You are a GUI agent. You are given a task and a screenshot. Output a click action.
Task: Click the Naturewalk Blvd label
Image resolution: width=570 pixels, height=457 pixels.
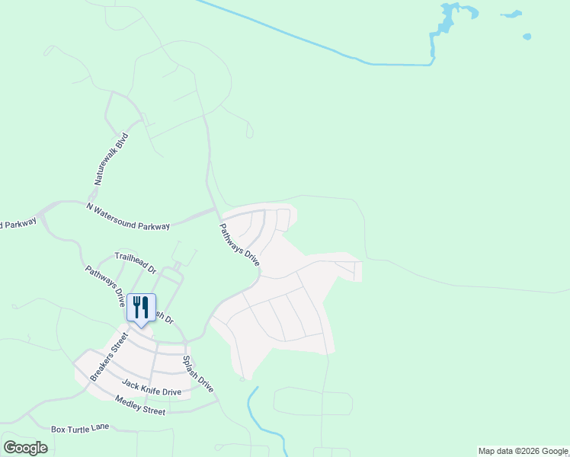click(112, 159)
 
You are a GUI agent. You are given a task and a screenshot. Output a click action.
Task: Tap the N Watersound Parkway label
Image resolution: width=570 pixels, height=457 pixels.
click(128, 216)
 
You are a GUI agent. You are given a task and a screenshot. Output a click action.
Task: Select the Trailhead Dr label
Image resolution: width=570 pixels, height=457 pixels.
click(135, 264)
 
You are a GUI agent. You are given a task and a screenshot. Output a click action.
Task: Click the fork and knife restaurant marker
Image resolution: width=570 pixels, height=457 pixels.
click(140, 308)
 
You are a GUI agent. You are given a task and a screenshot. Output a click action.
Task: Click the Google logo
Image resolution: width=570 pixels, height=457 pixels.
click(25, 448)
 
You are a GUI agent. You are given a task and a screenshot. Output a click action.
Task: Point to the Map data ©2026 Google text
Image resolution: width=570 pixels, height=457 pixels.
click(523, 451)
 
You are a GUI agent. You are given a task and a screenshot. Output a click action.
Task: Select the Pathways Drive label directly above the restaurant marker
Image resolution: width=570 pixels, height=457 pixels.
click(104, 286)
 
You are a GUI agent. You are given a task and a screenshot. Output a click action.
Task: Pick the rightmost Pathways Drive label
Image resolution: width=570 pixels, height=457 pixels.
click(239, 244)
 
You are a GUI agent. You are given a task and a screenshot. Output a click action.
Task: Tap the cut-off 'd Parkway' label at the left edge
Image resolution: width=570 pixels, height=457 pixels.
click(18, 224)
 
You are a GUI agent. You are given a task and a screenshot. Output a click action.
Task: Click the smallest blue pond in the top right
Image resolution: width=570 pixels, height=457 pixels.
click(527, 36)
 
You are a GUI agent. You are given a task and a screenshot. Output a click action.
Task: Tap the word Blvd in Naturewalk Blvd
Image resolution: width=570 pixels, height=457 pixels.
click(122, 142)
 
